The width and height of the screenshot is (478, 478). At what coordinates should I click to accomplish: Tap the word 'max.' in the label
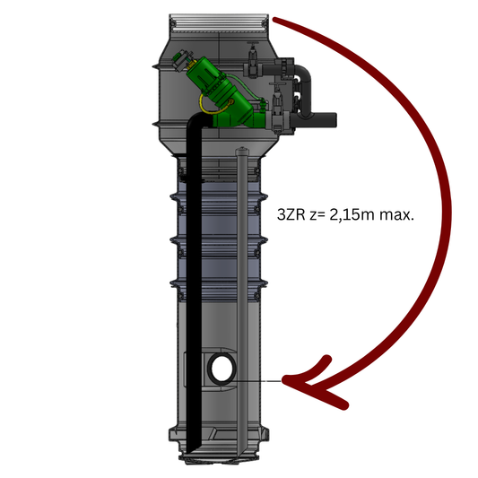[397, 215]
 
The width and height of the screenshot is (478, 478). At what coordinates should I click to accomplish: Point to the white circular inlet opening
[222, 369]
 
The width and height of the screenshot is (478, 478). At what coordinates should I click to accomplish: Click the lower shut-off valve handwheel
[276, 84]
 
